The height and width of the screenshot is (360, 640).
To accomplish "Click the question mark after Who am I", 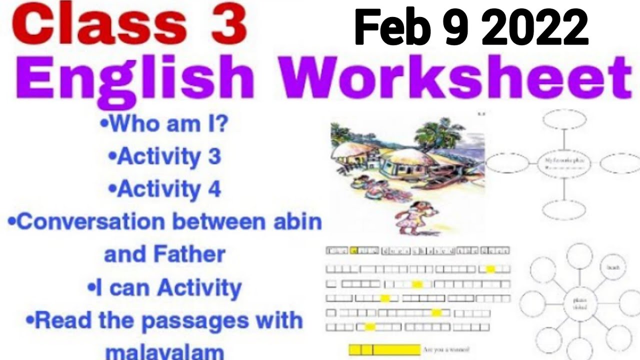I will pos(221,124).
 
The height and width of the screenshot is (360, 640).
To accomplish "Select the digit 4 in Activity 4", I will pos(214,189).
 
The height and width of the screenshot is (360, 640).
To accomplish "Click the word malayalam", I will pos(165,351).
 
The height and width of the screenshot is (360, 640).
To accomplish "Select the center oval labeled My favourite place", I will pos(564,163).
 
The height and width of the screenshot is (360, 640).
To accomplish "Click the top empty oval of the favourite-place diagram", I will pos(564,119).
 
